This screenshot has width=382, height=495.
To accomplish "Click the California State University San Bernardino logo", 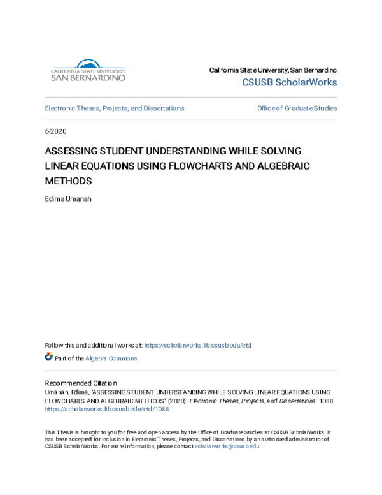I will click(x=88, y=70).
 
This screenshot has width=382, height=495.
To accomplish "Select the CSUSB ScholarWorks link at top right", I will click(x=290, y=83).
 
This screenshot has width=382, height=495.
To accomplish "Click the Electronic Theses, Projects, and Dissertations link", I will click(x=115, y=108).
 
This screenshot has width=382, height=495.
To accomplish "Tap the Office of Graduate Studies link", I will click(x=297, y=108).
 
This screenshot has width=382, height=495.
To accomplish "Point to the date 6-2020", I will click(x=55, y=131).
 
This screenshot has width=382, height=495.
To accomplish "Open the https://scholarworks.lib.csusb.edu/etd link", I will click(x=198, y=345).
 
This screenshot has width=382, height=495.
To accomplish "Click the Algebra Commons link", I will click(x=113, y=358).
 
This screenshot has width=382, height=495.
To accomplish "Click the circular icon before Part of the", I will click(x=49, y=358).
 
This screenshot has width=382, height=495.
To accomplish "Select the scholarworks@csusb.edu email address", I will click(x=227, y=447).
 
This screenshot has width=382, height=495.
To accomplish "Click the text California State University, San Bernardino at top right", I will click(x=273, y=70).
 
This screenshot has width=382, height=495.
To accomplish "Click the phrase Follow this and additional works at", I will click(x=94, y=345).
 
